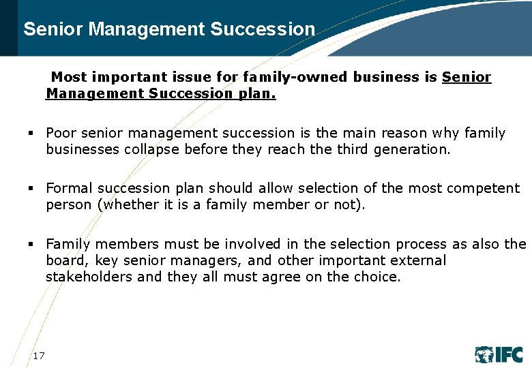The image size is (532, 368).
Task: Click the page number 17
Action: [x=39, y=355]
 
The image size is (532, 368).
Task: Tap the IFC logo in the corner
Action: [x=499, y=354]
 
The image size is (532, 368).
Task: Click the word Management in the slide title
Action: [x=147, y=29]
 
